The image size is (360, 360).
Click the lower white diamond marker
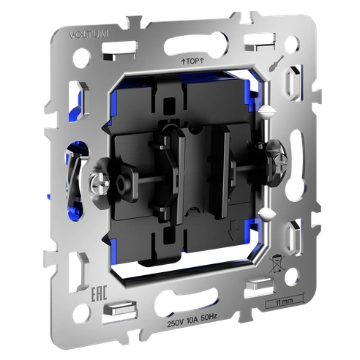267,212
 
